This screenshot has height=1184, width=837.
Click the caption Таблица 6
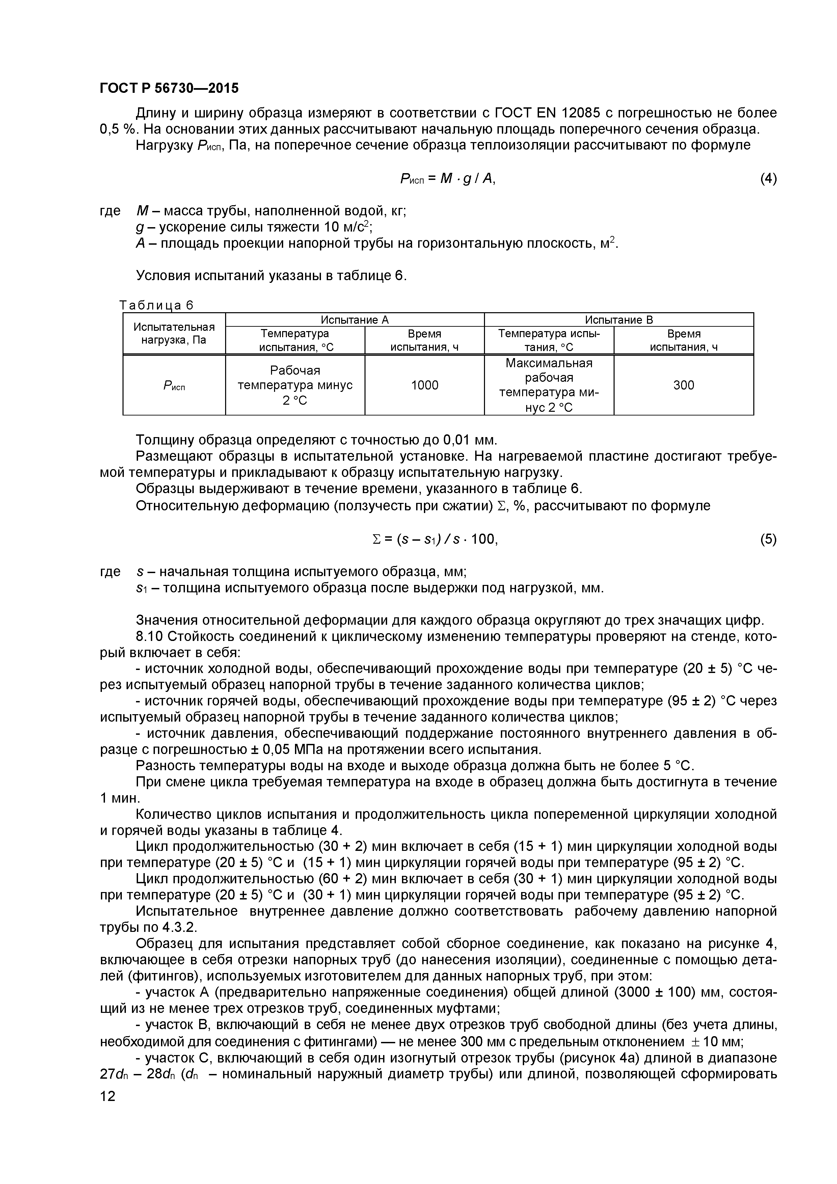[156, 305]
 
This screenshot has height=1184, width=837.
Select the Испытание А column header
[354, 320]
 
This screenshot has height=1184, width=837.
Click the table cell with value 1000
[425, 385]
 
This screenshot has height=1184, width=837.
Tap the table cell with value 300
[683, 385]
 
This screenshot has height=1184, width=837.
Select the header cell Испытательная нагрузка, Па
[174, 334]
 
